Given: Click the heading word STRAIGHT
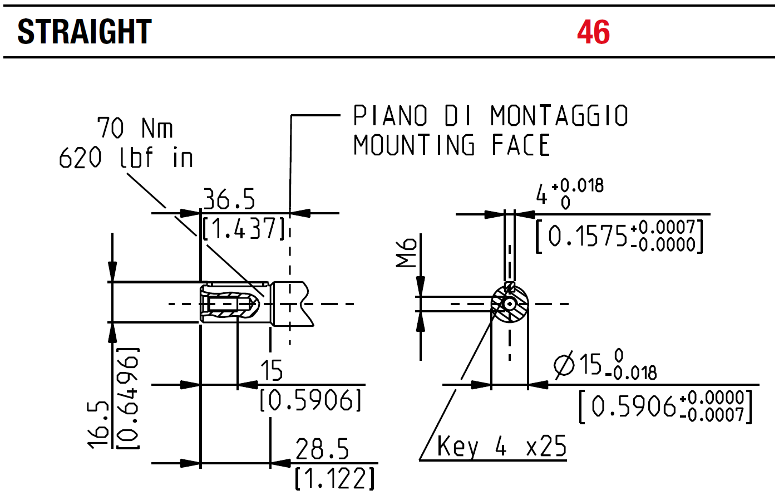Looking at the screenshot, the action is click(x=85, y=32).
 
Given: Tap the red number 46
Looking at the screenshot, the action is click(x=593, y=32).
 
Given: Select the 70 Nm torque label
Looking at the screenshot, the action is click(x=135, y=128).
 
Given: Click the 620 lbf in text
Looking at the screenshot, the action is click(x=126, y=158).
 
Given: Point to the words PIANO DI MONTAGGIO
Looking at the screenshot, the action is click(x=490, y=115).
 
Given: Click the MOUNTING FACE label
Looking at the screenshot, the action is click(x=451, y=145).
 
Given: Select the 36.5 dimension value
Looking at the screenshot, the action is click(x=229, y=199).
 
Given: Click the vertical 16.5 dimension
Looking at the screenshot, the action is click(x=98, y=424).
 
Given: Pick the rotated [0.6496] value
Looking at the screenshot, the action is click(x=127, y=398).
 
